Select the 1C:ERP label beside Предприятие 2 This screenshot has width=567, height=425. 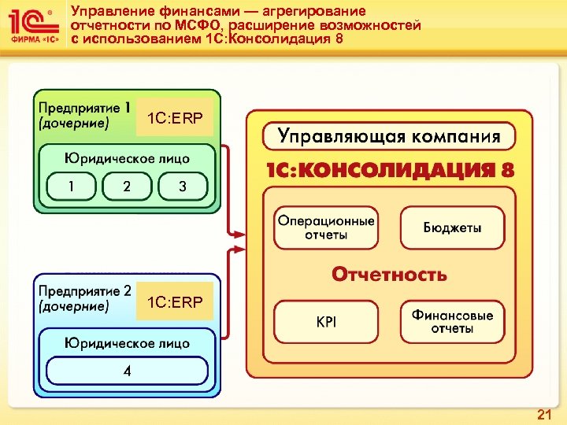(x=175, y=301)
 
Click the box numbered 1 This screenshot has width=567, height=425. (x=71, y=187)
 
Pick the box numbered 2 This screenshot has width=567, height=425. (x=127, y=187)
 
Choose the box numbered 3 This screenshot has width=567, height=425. (x=183, y=187)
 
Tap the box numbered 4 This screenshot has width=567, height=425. (x=127, y=371)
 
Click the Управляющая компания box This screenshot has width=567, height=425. (x=389, y=136)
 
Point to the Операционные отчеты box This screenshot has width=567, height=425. (x=324, y=228)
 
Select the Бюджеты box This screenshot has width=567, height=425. (x=452, y=228)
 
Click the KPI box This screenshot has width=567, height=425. (x=325, y=322)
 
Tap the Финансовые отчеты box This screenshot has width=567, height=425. (x=452, y=322)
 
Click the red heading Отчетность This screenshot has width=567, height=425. (x=389, y=275)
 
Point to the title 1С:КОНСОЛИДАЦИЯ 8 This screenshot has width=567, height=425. (x=389, y=171)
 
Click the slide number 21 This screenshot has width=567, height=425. (x=543, y=414)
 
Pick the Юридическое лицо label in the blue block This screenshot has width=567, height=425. (x=128, y=342)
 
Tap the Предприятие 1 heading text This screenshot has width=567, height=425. (x=85, y=107)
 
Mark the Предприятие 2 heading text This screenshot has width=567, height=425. (x=85, y=291)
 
